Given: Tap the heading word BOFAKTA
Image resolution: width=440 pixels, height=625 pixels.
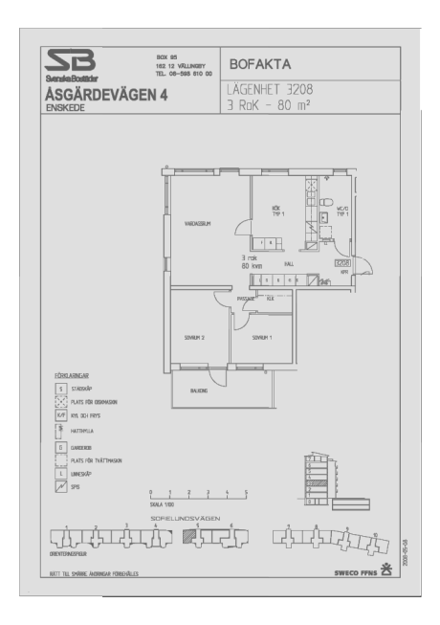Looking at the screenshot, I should pyautogui.click(x=259, y=65).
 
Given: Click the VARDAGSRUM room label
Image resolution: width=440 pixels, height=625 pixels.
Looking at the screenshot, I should pyautogui.click(x=197, y=223).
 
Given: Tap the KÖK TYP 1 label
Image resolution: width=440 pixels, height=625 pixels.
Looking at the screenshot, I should pyautogui.click(x=275, y=211).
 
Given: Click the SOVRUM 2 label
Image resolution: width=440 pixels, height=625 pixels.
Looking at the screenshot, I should pyautogui.click(x=196, y=338).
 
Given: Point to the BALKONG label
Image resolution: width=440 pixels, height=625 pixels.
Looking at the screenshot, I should pyautogui.click(x=200, y=391).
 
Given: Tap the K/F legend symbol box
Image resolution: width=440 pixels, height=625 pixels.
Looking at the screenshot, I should pyautogui.click(x=60, y=416).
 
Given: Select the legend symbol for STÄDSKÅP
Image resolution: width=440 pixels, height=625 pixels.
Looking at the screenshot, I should pyautogui.click(x=60, y=390).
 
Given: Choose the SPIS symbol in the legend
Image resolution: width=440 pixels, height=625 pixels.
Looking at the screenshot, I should pyautogui.click(x=60, y=487).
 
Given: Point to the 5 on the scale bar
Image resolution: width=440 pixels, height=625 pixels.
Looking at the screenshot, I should pyautogui.click(x=247, y=492).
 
